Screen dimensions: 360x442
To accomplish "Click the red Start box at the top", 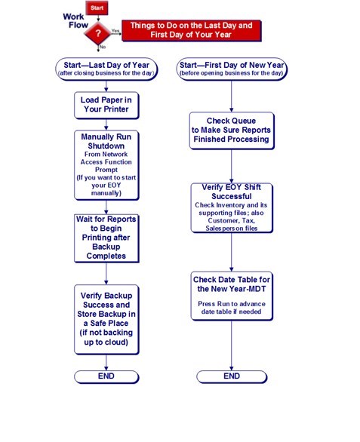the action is click(97, 8).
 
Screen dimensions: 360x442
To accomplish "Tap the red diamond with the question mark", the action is click(98, 33).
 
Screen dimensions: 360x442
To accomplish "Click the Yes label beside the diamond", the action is click(115, 30).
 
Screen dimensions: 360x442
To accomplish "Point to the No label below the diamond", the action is click(103, 47).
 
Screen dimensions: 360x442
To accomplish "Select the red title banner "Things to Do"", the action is click(192, 30).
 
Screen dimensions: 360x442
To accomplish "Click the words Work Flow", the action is click(75, 21).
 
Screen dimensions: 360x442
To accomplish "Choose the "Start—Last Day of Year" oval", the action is click(106, 69).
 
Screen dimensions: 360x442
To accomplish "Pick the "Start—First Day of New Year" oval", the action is click(232, 69).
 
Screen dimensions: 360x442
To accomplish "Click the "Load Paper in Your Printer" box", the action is click(106, 105).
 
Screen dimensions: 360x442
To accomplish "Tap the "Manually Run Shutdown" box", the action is click(106, 165).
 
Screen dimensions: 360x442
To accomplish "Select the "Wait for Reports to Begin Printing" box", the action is click(106, 238).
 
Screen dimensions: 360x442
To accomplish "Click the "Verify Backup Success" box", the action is click(106, 319).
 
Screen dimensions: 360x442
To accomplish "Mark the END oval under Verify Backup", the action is click(106, 377).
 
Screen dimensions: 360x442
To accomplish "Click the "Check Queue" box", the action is click(232, 130).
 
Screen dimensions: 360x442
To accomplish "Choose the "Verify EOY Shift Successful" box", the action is click(232, 208).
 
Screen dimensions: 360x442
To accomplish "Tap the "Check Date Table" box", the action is click(232, 296).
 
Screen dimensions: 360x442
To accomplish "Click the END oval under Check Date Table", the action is click(232, 377).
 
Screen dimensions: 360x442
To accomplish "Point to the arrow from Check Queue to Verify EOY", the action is click(232, 166).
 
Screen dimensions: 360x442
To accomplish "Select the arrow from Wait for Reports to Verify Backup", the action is click(106, 274).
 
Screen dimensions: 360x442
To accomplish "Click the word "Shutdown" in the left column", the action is click(106, 146).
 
